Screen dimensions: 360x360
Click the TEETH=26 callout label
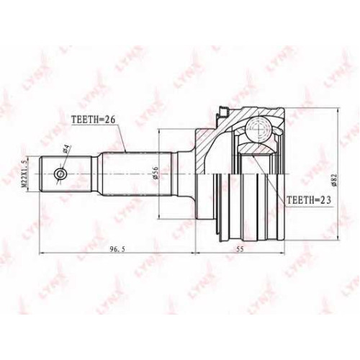[94, 120]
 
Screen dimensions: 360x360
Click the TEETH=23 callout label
[309, 199]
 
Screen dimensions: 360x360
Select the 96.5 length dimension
[117, 249]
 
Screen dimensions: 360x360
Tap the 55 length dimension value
[240, 249]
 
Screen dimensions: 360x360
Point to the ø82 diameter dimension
[335, 179]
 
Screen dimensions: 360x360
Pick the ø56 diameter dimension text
[156, 173]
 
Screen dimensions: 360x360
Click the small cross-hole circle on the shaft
[60, 174]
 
